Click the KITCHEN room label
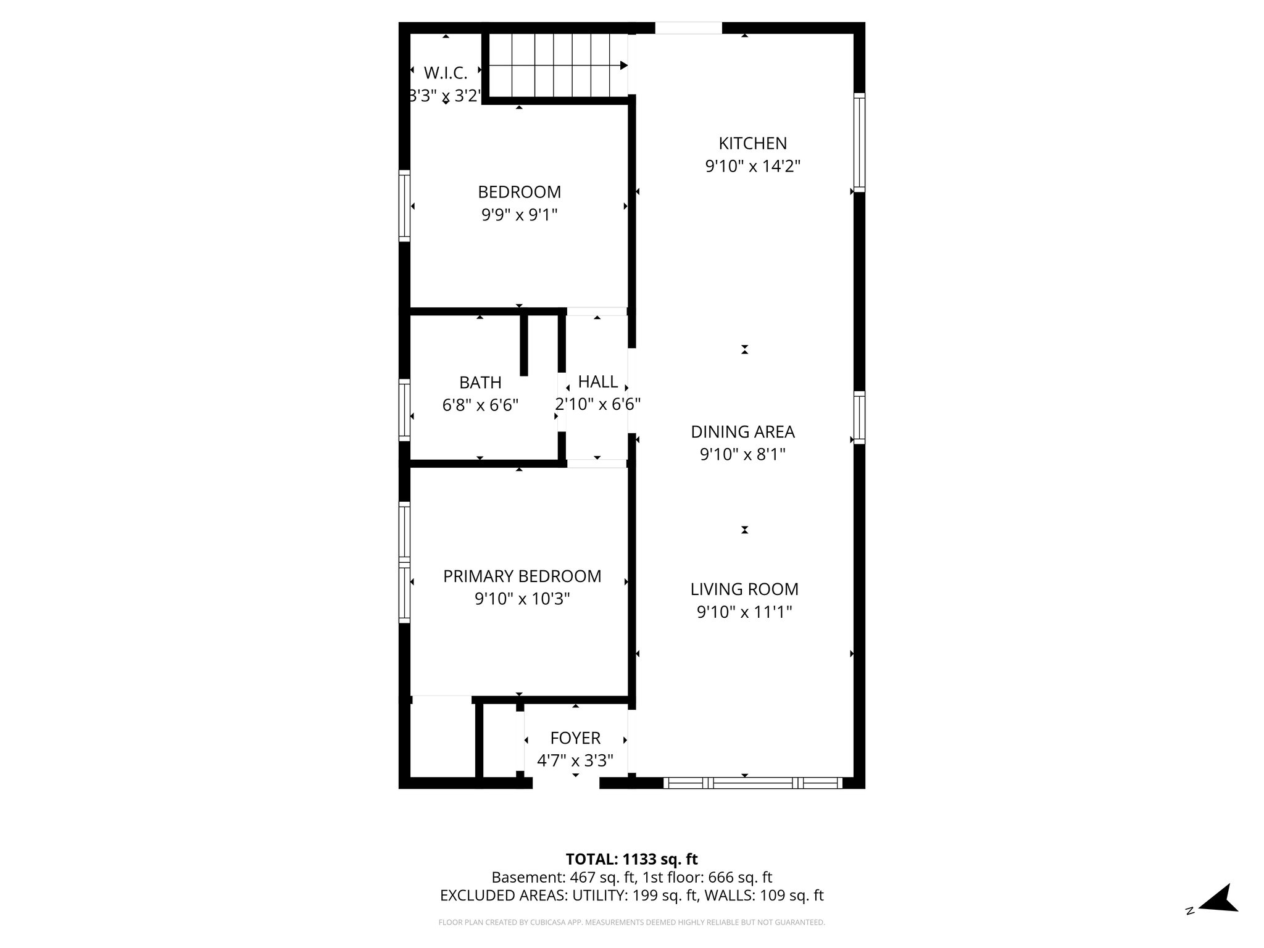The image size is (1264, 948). coord(752,143)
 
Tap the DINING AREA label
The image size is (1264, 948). coord(742,432)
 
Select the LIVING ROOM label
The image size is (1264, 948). coord(744,589)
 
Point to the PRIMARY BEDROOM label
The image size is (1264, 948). coord(522,576)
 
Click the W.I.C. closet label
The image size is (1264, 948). coord(445,73)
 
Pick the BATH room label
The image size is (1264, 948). coord(480,383)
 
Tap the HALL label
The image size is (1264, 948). coord(597,382)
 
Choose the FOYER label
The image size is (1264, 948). coord(575,738)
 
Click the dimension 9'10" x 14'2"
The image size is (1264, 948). coord(752,166)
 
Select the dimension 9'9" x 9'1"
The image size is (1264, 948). coord(519,215)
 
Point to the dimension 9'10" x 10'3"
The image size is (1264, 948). coord(522,599)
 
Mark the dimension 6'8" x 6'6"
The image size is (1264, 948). coord(480,405)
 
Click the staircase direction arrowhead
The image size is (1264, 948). coord(623,65)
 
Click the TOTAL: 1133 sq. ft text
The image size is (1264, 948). coord(631,859)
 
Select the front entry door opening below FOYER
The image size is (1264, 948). coord(566,783)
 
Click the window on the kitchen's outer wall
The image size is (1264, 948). coord(859,142)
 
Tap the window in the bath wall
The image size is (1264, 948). coord(404,409)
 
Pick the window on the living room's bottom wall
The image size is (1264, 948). coord(752,783)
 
